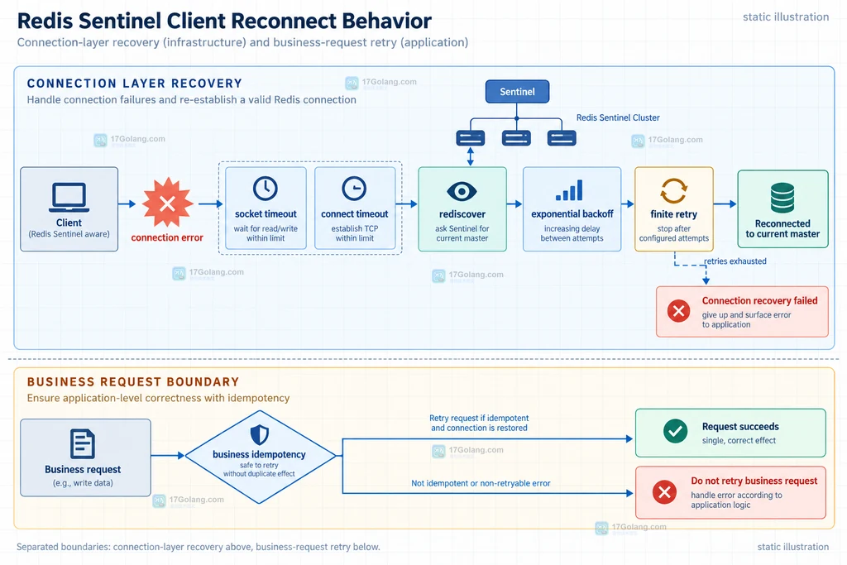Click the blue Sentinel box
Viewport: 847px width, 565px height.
pos(517,91)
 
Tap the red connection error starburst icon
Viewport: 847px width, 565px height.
pos(167,203)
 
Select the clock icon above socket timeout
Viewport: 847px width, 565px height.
pos(266,189)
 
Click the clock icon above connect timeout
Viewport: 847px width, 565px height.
pos(354,189)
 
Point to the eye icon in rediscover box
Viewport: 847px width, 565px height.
pos(462,190)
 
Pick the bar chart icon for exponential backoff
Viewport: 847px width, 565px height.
pos(569,190)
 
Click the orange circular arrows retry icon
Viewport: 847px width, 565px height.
pos(673,190)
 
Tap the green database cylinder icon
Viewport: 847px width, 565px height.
pos(782,198)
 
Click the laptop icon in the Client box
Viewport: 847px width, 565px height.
pos(69,198)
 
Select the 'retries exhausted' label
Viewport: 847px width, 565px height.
pos(735,261)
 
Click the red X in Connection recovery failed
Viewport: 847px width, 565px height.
pos(678,311)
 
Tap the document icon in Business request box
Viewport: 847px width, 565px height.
pos(83,444)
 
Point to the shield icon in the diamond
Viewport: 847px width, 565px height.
pos(259,434)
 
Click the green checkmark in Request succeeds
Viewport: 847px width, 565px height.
pos(675,432)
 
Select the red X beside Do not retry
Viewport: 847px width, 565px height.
pos(664,492)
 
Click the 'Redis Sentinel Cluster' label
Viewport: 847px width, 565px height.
pos(618,117)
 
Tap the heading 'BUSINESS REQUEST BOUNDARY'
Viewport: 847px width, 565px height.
pos(133,382)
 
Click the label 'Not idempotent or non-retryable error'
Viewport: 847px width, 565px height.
pos(481,483)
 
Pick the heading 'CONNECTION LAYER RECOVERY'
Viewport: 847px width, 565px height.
pos(135,84)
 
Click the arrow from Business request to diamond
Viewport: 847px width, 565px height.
pos(168,456)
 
